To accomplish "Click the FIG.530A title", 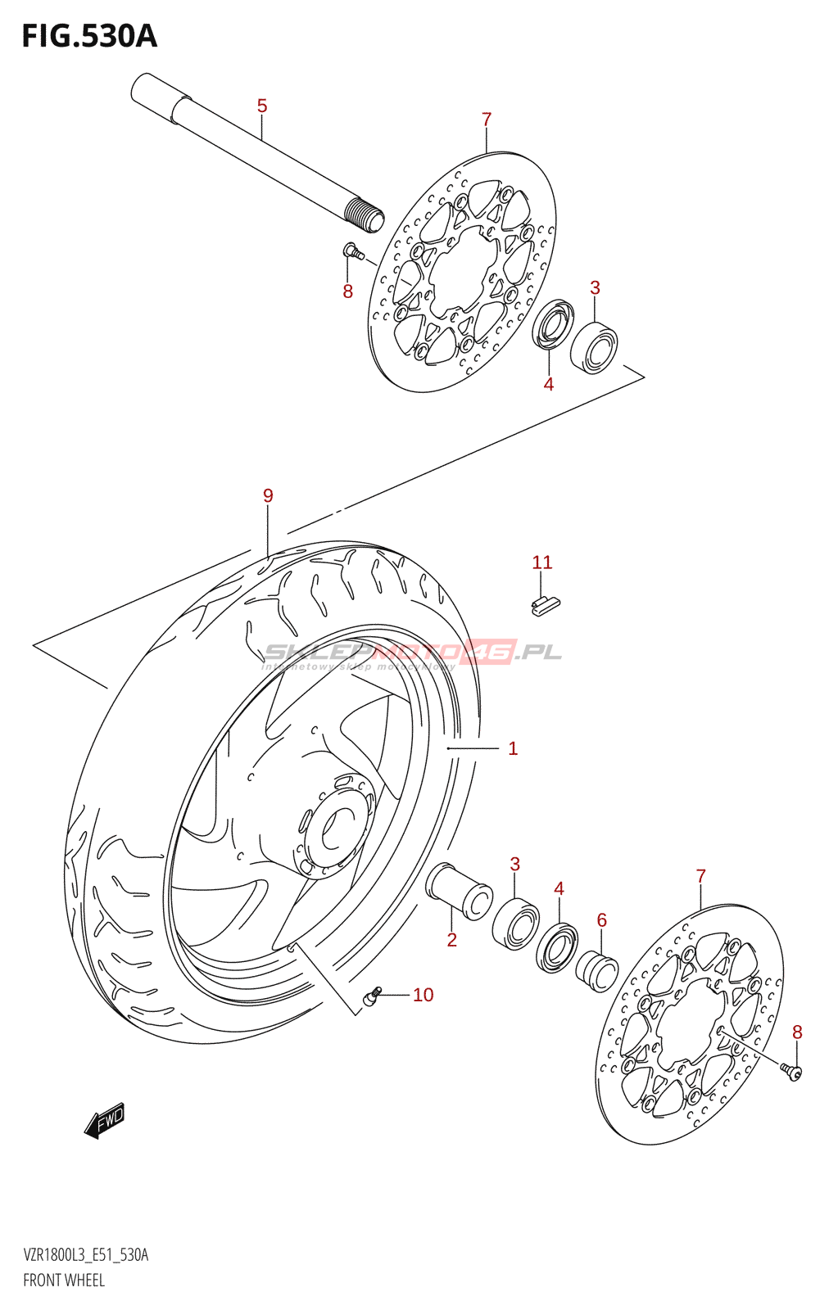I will (x=88, y=36).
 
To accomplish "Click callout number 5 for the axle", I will (x=262, y=106).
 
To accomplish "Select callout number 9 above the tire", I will (x=268, y=495).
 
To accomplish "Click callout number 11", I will (x=542, y=562).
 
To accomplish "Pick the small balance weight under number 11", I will (x=546, y=604).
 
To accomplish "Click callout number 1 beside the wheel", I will (x=513, y=748).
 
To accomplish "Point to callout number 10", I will (x=423, y=995).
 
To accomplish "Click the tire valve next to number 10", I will (x=371, y=996).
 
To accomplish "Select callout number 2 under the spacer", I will (x=451, y=940).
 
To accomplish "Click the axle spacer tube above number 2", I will (x=459, y=890).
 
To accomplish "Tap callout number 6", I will (x=602, y=920).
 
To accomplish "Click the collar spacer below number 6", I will (x=596, y=970).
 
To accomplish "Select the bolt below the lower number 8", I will (x=791, y=1071).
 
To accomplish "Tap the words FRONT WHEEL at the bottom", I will (x=64, y=1280).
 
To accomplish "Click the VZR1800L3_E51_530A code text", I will (x=86, y=1255).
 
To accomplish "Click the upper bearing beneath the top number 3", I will (x=594, y=347).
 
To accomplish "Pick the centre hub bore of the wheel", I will (x=333, y=830).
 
